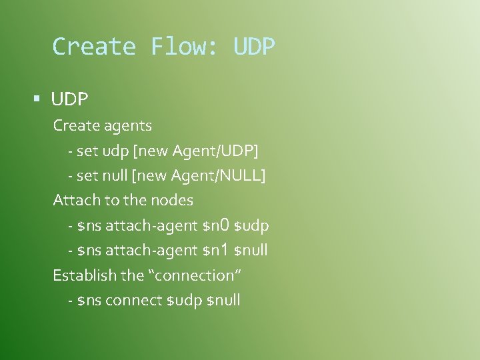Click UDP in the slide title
click(254, 47)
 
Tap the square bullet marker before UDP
click(37, 99)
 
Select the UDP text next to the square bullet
click(69, 100)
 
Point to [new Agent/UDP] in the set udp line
click(196, 151)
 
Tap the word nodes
click(171, 200)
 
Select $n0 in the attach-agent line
click(216, 226)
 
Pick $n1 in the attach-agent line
click(216, 251)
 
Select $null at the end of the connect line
click(224, 301)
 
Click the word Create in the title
click(94, 47)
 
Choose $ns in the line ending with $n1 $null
click(89, 251)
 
